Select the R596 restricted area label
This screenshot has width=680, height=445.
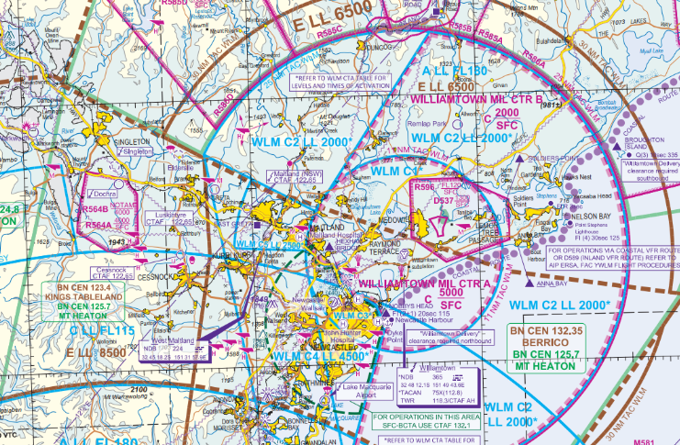pos(423,187)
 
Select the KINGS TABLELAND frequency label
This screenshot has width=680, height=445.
pos(82,299)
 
